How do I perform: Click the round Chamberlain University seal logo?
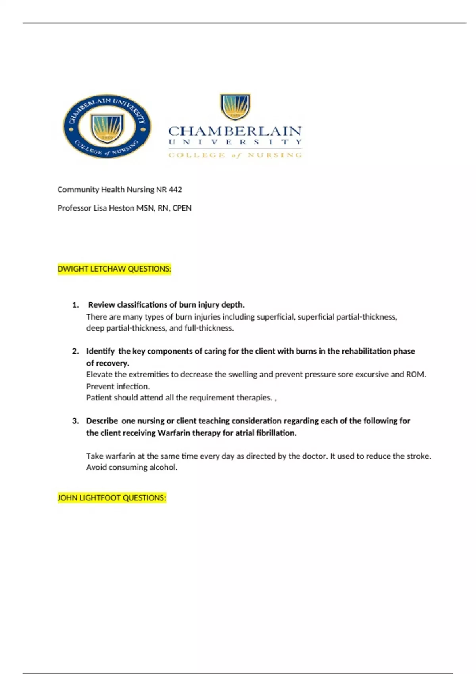107,126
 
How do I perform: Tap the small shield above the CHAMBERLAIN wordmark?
235,106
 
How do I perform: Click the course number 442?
175,190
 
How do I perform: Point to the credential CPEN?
182,208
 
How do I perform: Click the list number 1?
75,305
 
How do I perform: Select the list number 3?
75,421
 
